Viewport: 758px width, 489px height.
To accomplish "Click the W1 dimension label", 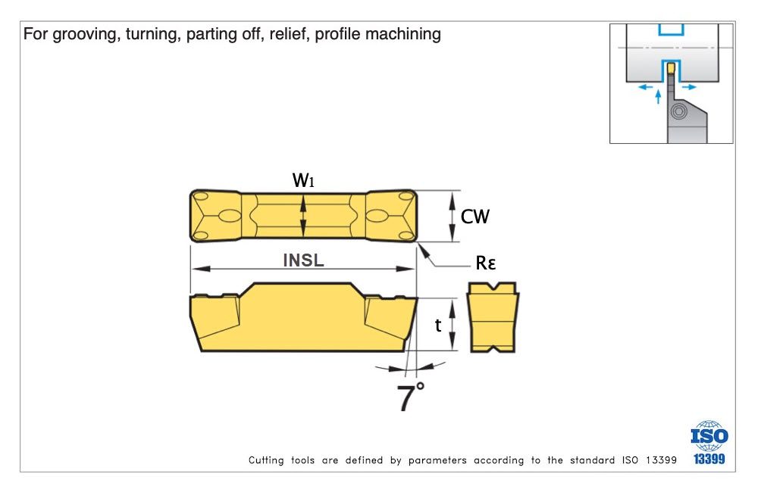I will pyautogui.click(x=303, y=181).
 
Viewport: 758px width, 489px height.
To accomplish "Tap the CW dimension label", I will pyautogui.click(x=475, y=217).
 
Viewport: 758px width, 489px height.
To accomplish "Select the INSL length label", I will pyautogui.click(x=303, y=260).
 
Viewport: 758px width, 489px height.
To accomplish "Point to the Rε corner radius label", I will pyautogui.click(x=487, y=263).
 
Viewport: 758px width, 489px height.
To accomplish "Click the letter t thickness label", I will pyautogui.click(x=438, y=325).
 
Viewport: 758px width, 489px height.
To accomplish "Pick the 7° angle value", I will pyautogui.click(x=410, y=398).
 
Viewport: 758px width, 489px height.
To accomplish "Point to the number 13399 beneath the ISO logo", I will pyautogui.click(x=709, y=459).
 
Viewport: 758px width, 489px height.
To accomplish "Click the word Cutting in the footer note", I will pyautogui.click(x=267, y=460).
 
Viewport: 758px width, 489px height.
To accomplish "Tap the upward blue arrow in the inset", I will pyautogui.click(x=658, y=96).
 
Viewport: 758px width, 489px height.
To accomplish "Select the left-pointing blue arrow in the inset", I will pyautogui.click(x=646, y=87).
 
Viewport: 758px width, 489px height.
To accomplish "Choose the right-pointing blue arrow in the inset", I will pyautogui.click(x=688, y=87).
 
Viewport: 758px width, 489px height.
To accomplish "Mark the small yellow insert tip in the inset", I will pyautogui.click(x=670, y=68).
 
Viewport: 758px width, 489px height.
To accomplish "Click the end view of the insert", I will pyautogui.click(x=493, y=318).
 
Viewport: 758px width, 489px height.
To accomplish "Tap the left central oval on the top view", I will pyautogui.click(x=227, y=217).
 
